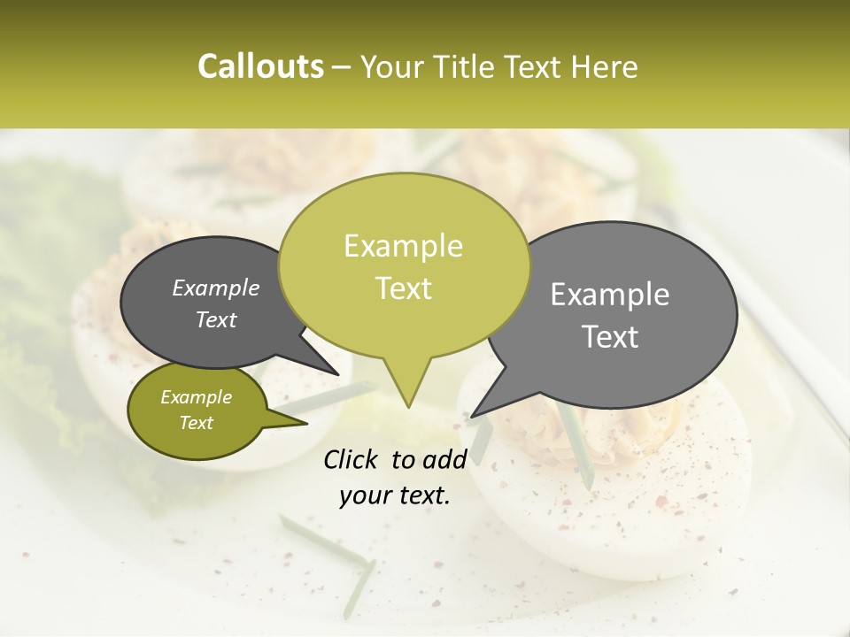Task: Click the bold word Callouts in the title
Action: pos(260,67)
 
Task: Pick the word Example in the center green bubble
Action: pos(403,246)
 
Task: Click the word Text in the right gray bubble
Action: pos(610,337)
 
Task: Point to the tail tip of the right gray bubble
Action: pos(474,414)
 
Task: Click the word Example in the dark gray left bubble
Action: pos(215,288)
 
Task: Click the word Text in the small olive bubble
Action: pos(196,423)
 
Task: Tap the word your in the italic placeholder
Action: pos(366,495)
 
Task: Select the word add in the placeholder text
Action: pos(444,459)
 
